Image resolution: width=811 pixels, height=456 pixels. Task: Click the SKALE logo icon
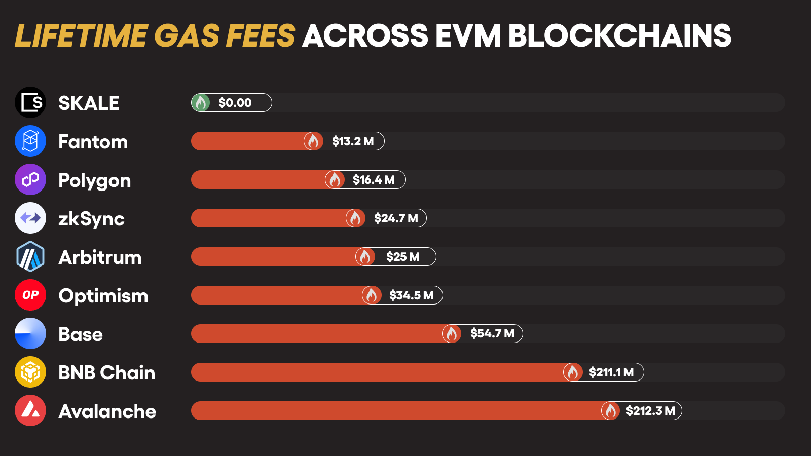30,102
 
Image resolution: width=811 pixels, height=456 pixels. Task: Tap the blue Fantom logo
30,141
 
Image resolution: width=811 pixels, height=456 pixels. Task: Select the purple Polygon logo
30,179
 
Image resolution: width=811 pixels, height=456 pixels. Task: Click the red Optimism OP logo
30,295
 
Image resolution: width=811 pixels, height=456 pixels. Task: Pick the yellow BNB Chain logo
30,372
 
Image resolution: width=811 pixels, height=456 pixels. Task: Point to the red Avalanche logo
30,410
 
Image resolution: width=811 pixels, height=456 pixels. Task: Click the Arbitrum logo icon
30,256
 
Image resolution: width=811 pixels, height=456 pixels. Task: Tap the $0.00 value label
235,103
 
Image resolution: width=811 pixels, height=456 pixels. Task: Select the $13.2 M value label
353,141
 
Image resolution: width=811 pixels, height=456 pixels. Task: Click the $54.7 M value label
492,333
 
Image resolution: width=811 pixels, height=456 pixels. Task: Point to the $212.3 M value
650,411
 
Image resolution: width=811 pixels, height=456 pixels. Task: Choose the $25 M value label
403,257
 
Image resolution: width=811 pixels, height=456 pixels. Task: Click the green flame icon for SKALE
201,103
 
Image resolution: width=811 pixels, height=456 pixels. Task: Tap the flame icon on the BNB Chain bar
573,372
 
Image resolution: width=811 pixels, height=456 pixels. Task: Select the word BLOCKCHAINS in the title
619,36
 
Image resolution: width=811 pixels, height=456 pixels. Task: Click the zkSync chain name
91,219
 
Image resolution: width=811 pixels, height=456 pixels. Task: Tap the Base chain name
81,334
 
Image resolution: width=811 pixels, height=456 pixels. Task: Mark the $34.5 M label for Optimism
411,295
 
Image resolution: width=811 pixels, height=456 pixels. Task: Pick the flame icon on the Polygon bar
335,180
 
